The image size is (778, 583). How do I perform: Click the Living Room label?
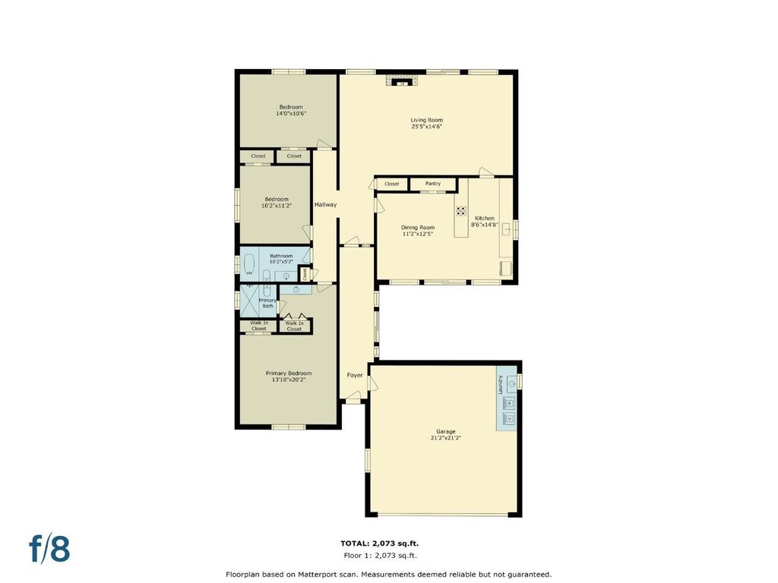click(x=427, y=120)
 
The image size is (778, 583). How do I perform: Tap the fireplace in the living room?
click(x=403, y=80)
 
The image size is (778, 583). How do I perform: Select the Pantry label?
click(x=432, y=184)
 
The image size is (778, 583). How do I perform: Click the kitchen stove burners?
click(x=461, y=211)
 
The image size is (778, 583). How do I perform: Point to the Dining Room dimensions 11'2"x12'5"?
click(x=418, y=234)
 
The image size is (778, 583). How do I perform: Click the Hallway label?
click(x=325, y=204)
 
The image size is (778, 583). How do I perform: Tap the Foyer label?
click(x=355, y=375)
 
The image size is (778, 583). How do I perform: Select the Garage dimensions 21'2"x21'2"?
click(x=445, y=438)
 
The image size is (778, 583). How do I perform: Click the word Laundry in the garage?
click(x=501, y=385)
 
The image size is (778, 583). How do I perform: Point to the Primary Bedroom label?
click(x=289, y=373)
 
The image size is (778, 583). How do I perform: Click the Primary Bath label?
click(x=267, y=303)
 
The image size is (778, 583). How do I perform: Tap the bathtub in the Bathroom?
click(x=248, y=265)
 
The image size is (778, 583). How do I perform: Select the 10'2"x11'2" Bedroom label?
click(x=277, y=202)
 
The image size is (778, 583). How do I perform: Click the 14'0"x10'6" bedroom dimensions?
click(x=291, y=114)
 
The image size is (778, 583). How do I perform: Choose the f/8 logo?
click(x=49, y=548)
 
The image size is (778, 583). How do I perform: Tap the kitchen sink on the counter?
click(x=507, y=229)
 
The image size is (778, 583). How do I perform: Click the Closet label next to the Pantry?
click(x=391, y=184)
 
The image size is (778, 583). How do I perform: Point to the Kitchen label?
click(x=484, y=218)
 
